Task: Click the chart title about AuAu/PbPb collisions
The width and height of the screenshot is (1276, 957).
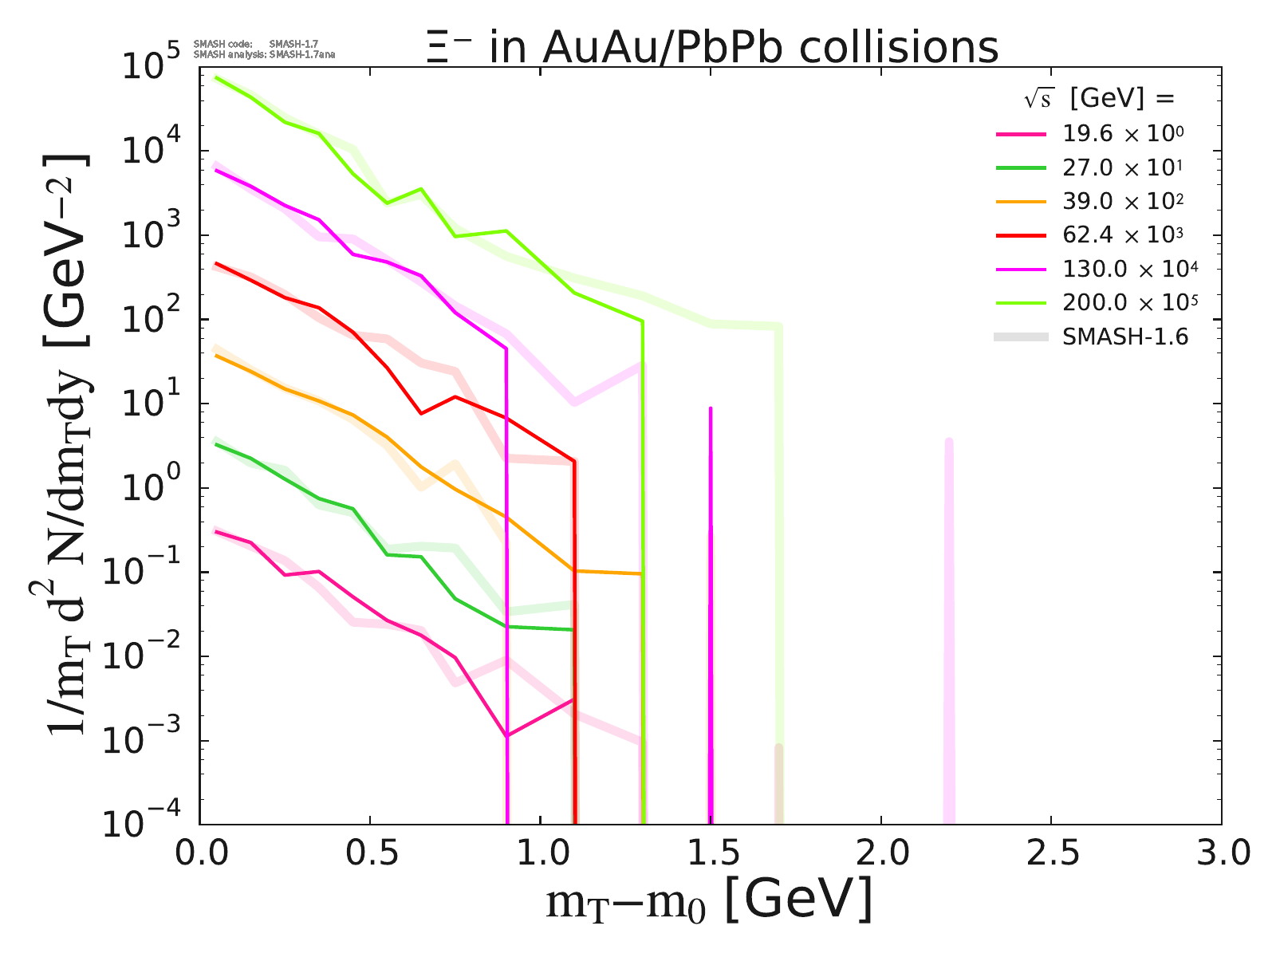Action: tap(711, 47)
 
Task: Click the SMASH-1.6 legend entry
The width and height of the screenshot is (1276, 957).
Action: tap(1124, 337)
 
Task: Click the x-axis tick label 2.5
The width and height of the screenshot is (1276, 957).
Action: tap(1051, 853)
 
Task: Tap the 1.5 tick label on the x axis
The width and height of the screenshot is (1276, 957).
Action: tap(711, 853)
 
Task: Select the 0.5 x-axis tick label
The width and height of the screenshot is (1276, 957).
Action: tap(370, 853)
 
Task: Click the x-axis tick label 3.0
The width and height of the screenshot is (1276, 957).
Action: tap(1220, 853)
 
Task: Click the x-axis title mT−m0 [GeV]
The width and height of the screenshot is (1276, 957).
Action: tap(709, 901)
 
